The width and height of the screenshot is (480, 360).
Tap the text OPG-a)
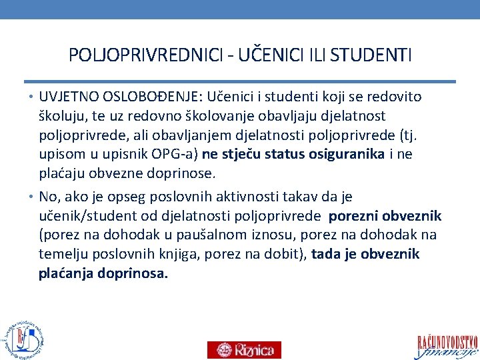pyautogui.click(x=175, y=155)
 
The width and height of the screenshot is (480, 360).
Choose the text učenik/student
pyautogui.click(x=95, y=216)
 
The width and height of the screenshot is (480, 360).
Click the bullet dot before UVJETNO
pyautogui.click(x=32, y=97)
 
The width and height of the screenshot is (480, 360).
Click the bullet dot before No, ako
pyautogui.click(x=32, y=197)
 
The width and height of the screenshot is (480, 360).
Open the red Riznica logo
pyautogui.click(x=244, y=349)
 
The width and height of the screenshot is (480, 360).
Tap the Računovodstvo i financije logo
pyautogui.click(x=447, y=344)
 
